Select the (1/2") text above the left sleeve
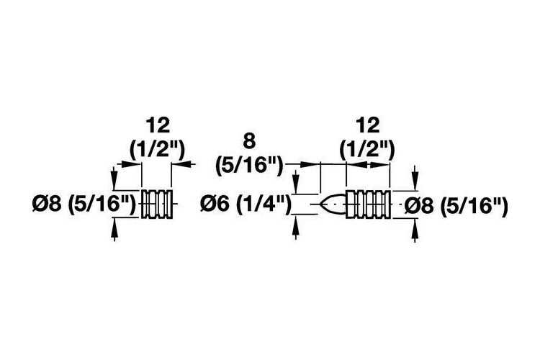(158, 149)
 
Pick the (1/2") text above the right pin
(367, 149)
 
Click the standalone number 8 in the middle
(249, 142)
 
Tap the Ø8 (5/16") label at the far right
(456, 207)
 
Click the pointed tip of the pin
(320, 204)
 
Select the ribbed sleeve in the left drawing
(157, 204)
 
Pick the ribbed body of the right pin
(368, 204)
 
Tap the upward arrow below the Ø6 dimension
(295, 227)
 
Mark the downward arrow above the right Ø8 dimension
(415, 178)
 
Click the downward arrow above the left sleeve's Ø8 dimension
(114, 178)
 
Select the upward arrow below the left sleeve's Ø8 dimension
(114, 230)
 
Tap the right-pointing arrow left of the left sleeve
(130, 164)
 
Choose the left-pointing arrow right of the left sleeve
(184, 164)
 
